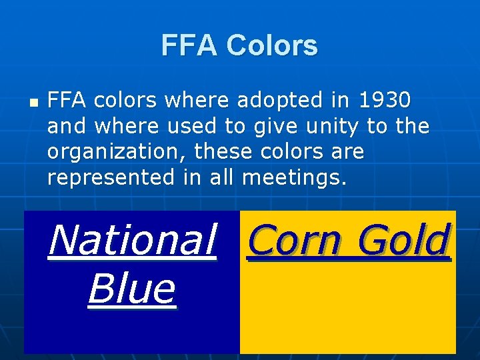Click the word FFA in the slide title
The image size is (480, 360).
pos(189,46)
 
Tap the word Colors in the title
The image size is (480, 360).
pos(271,46)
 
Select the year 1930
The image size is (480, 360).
pos(385,101)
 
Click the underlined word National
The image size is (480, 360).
pos(132,240)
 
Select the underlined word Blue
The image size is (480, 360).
pos(131,289)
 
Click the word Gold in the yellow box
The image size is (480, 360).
pos(403,240)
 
